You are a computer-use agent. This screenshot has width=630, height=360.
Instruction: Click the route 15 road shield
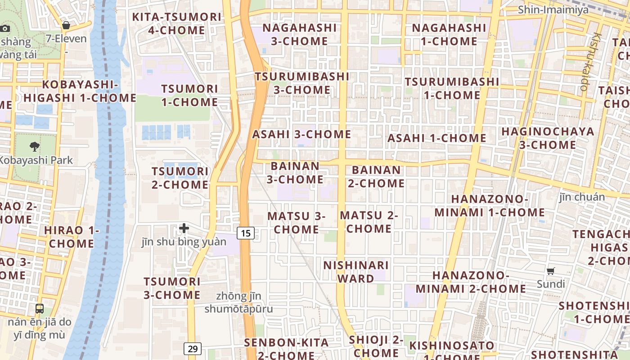point(245,233)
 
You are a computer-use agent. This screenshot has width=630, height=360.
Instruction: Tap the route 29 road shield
point(193,349)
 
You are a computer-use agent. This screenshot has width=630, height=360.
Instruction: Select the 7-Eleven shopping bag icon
point(66,25)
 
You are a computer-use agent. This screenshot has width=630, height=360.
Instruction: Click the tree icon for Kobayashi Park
point(34,146)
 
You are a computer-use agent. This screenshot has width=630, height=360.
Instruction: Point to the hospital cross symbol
point(184,229)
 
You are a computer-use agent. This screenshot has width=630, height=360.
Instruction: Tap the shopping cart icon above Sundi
point(550,271)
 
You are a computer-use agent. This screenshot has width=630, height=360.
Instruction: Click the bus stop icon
point(40,309)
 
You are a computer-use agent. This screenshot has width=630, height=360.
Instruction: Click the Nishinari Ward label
point(355,272)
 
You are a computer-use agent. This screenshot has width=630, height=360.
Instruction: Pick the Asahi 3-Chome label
point(301,134)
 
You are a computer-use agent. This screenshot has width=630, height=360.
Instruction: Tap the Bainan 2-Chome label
point(376,177)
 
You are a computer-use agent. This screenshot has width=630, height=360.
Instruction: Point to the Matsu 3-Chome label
point(296,223)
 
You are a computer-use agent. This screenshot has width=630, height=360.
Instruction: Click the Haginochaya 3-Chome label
point(548,138)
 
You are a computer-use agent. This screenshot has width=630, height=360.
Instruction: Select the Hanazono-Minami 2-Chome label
point(471,282)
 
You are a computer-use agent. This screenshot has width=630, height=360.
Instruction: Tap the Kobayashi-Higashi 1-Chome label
point(80,91)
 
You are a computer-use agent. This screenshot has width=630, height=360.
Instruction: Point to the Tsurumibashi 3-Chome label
point(302,83)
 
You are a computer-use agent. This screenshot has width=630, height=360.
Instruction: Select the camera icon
point(5,28)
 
